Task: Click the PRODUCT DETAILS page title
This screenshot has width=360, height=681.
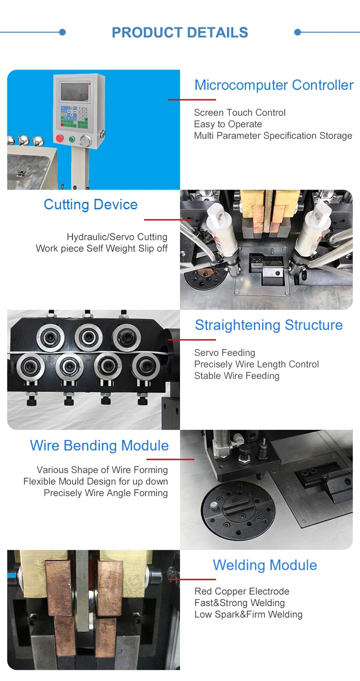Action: (180, 33)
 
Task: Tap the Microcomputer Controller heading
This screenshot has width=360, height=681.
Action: (274, 85)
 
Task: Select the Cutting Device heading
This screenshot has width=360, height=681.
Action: (91, 205)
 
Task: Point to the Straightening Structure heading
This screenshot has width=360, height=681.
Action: (269, 325)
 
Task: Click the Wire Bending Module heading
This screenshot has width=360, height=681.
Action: (99, 446)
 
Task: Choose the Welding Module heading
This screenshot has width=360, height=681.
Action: (265, 565)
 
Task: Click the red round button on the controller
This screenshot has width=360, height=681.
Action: (60, 138)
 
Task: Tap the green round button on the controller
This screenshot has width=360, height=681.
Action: (72, 140)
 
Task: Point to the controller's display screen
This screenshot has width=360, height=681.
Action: (75, 92)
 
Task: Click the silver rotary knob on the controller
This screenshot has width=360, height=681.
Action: (85, 141)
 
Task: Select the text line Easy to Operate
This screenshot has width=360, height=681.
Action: (228, 124)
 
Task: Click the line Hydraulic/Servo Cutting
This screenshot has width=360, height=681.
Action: (117, 237)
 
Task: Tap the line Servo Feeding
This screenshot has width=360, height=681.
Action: (225, 353)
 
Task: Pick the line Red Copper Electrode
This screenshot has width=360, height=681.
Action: (242, 591)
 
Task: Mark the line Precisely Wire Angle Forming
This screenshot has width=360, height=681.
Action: (106, 493)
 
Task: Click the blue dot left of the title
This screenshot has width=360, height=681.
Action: (62, 32)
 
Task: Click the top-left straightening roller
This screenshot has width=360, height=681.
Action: (50, 338)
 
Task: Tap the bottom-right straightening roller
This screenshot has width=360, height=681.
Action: (146, 366)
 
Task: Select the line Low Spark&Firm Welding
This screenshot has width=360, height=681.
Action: (249, 614)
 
